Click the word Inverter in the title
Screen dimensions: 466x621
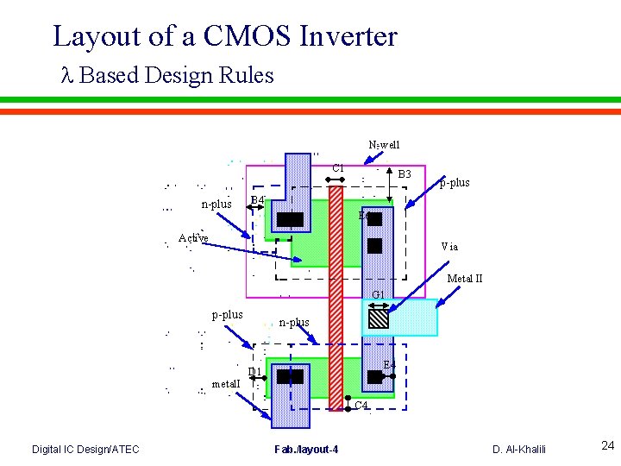348,36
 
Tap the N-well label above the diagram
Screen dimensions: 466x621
384,145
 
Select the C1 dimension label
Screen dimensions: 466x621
338,167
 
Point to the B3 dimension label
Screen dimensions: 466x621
405,174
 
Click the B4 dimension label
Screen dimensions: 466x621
256,201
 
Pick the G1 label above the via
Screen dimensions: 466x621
378,295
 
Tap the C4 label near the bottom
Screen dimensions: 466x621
361,405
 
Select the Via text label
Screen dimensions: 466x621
449,247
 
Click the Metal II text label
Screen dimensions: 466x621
464,279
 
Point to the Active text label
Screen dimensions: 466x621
193,238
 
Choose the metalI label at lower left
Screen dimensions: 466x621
226,383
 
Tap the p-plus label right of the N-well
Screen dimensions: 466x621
455,183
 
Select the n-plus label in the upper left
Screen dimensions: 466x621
216,205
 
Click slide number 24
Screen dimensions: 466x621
607,446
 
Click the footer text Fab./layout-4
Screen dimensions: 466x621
306,449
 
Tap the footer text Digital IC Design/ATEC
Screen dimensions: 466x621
85,449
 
